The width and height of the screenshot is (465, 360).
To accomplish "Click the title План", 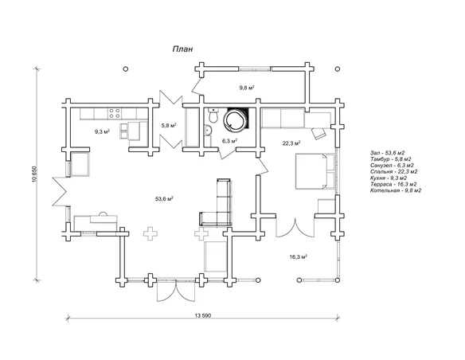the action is (182, 49).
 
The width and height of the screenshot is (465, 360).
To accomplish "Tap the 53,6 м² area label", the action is (164, 198).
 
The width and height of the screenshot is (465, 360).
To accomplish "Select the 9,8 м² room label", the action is (247, 88).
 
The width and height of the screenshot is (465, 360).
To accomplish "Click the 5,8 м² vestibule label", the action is (169, 125).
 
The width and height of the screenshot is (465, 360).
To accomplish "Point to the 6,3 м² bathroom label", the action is (229, 141).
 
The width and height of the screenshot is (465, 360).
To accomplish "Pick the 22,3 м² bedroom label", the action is (291, 143).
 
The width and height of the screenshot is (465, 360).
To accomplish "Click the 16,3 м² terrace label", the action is (298, 256).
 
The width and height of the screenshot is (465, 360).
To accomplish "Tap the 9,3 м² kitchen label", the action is (102, 131).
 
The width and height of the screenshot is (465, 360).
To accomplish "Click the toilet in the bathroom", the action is (213, 115).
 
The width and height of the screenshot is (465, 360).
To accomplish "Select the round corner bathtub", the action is (235, 120).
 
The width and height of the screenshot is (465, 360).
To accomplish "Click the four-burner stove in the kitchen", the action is (115, 114).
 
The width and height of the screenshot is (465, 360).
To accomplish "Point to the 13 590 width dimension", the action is (203, 315).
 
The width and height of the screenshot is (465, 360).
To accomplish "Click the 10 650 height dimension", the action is (34, 174).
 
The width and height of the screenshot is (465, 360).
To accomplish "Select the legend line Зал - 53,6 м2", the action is (387, 153).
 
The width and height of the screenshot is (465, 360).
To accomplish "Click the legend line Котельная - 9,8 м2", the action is (396, 190).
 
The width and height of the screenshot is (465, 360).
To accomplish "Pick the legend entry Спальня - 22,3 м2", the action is (394, 172).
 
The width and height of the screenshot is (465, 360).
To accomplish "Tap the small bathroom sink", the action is (207, 130).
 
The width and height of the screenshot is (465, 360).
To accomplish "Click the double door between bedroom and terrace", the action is (295, 228).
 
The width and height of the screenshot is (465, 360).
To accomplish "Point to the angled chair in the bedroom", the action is (318, 133).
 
